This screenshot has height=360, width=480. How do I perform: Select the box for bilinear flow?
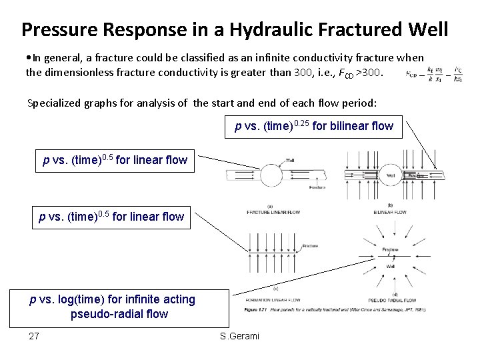pyautogui.click(x=314, y=125)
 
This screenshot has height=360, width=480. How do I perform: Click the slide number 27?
pyautogui.click(x=34, y=336)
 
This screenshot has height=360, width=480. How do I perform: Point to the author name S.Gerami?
pyautogui.click(x=239, y=336)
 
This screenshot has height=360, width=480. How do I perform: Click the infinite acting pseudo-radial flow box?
pyautogui.click(x=113, y=307)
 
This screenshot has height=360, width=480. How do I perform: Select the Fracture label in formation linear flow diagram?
pyautogui.click(x=309, y=246)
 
